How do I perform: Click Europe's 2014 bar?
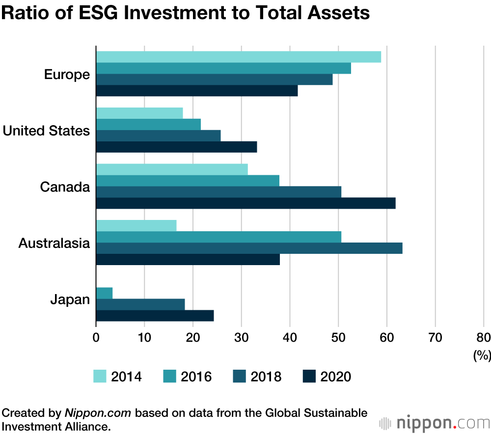[238, 57]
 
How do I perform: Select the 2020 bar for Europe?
[196, 91]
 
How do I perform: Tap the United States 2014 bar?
[139, 113]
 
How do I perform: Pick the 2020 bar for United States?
[176, 147]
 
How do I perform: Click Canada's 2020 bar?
[245, 203]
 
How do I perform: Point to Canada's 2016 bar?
[188, 181]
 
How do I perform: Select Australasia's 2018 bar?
[249, 248]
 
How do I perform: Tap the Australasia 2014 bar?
[136, 226]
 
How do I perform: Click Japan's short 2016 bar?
[104, 293]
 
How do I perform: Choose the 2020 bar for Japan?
[155, 316]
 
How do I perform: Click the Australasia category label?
[54, 243]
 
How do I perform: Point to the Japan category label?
[70, 299]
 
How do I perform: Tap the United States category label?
[47, 131]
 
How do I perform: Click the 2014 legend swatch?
[100, 377]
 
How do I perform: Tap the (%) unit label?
[482, 355]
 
